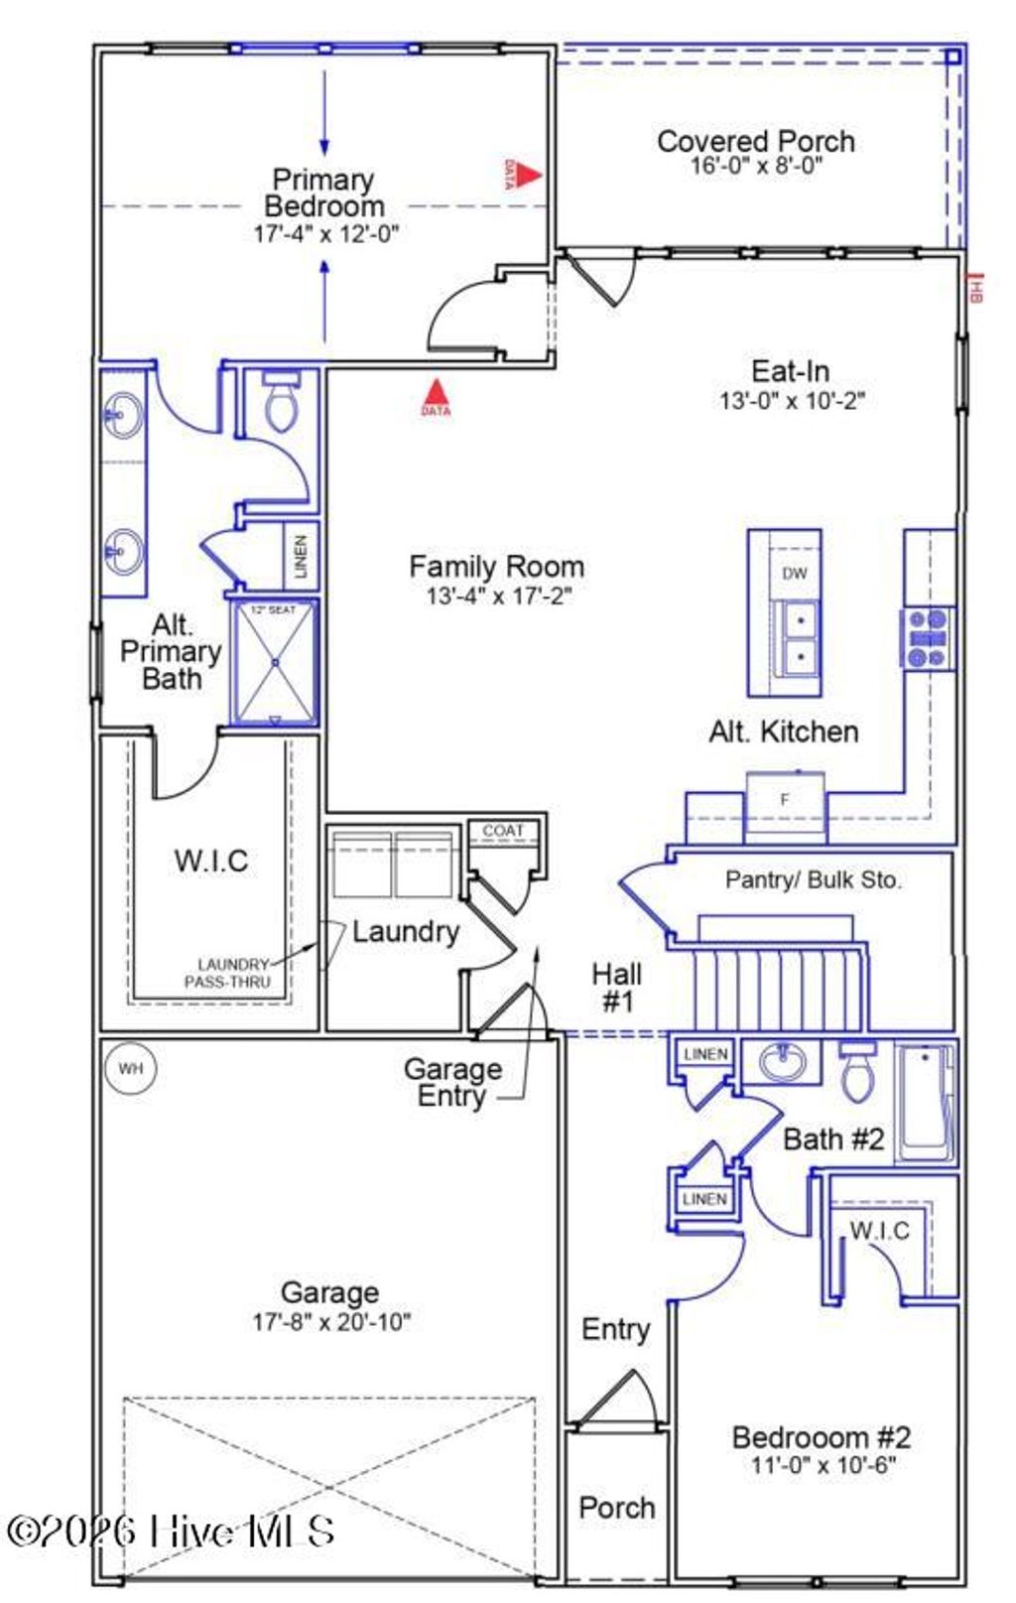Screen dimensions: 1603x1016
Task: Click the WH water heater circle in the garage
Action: coord(131,1069)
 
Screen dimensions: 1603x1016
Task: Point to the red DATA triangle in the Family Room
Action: coord(436,393)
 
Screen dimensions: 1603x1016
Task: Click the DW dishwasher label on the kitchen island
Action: coord(794,573)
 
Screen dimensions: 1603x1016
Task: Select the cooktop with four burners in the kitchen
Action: coord(929,638)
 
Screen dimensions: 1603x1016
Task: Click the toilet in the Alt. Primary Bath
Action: coord(282,401)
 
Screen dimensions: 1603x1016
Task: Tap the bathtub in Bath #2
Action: coord(925,1102)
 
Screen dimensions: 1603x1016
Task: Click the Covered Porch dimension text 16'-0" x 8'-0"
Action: coord(756,166)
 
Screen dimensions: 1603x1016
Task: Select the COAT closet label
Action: coord(503,830)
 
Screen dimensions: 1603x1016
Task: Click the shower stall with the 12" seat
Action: coord(275,661)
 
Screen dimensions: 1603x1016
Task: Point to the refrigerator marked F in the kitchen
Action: coord(785,800)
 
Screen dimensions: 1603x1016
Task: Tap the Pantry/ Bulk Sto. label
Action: coord(814,879)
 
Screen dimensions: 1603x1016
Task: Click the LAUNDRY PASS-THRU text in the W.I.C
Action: coord(229,973)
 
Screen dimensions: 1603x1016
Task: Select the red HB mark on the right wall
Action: coord(975,289)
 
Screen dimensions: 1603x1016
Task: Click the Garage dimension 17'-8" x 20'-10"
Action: coord(330,1321)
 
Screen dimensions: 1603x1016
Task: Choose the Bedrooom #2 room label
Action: coord(822,1436)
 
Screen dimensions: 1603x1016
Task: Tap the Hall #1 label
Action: coord(616,987)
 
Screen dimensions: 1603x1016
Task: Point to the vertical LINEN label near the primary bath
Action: coord(301,556)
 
